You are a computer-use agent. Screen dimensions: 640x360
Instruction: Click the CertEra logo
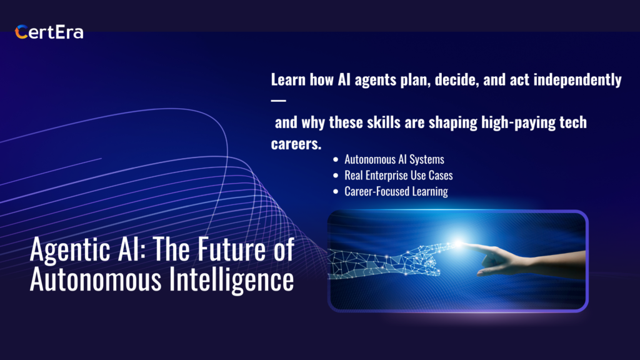tap(49, 32)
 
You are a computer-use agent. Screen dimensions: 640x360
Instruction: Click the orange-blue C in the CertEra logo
tap(21, 32)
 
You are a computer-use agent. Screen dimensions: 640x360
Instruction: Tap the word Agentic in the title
tap(70, 250)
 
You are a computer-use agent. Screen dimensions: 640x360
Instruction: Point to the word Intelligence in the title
tap(231, 280)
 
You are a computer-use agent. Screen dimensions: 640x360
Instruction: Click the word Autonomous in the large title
tap(96, 279)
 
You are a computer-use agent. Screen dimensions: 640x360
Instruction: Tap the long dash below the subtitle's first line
tap(278, 101)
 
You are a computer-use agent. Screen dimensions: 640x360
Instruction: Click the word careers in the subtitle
tap(296, 144)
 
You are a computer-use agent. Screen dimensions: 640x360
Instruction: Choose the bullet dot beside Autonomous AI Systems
tap(336, 159)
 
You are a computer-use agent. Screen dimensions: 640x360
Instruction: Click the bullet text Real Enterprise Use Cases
tap(398, 176)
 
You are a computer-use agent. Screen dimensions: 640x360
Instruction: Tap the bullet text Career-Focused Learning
tap(396, 191)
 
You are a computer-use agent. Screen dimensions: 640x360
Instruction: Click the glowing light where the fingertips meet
tap(459, 243)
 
